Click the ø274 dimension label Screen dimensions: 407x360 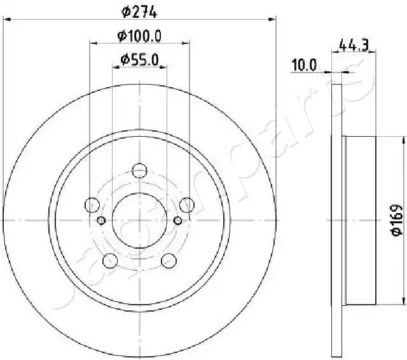pos(139,12)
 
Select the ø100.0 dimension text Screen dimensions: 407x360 pos(139,36)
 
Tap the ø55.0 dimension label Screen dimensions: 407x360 pos(139,60)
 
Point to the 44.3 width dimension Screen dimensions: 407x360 pos(354,46)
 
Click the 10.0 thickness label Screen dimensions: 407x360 pos(304,65)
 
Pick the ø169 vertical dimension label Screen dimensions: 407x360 pos(397,220)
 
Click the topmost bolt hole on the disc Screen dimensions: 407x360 pos(140,171)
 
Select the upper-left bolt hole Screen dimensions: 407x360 pos(92,205)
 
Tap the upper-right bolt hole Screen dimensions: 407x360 pos(186,205)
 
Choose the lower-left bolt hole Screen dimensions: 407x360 pos(110,260)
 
